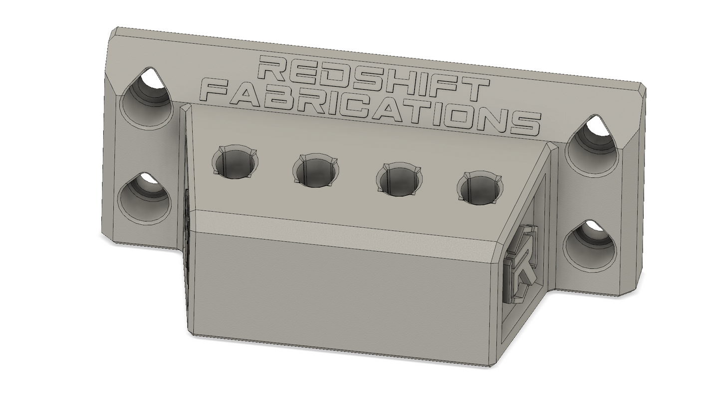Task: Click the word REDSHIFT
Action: [x=373, y=78]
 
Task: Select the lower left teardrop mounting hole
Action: [x=144, y=198]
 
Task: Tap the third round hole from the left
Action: [x=399, y=180]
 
